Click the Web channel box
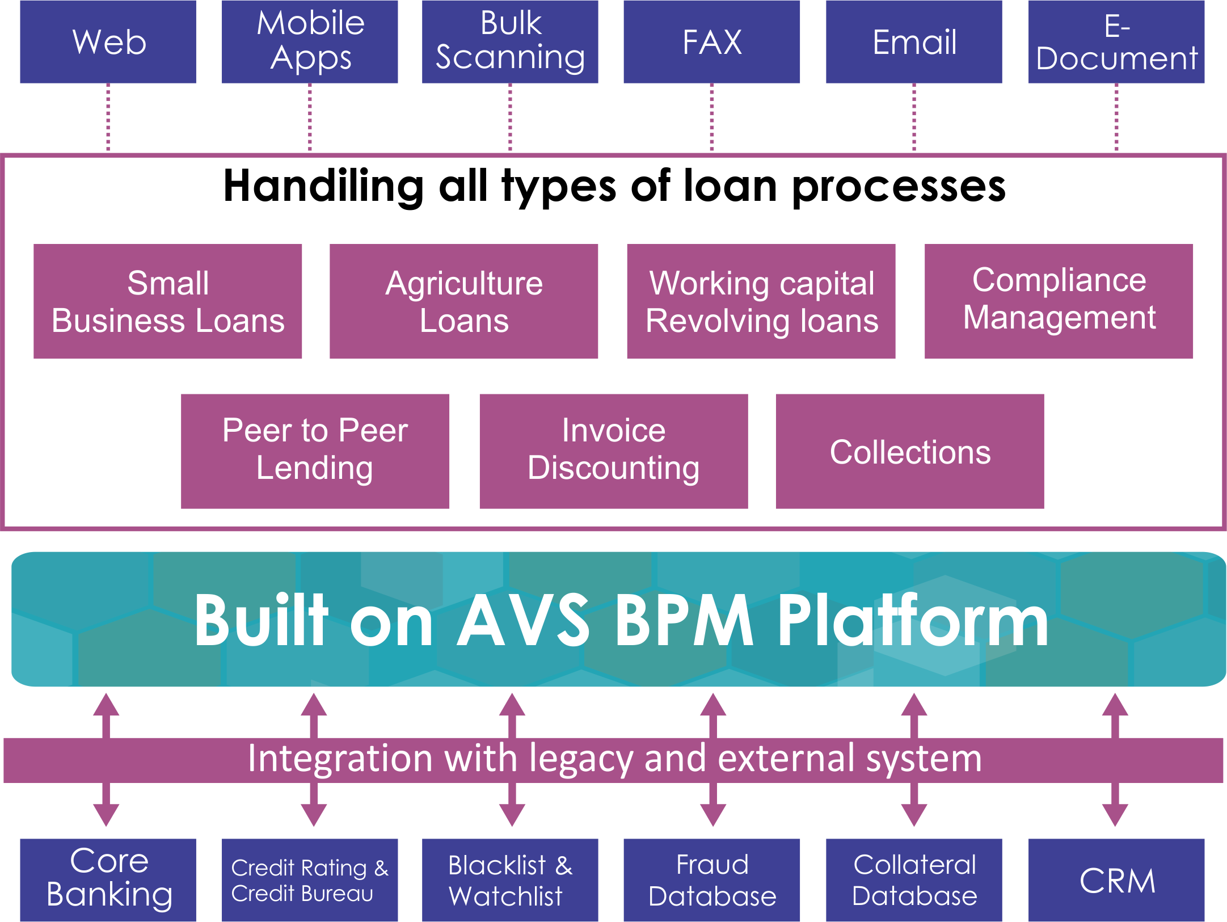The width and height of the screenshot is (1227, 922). click(108, 41)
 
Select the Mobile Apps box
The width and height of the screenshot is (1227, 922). click(310, 41)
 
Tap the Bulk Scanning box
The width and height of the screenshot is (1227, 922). click(510, 41)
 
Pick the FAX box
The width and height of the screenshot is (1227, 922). click(711, 41)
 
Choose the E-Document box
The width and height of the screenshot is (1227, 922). click(1116, 41)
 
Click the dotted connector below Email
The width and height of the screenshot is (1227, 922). click(914, 117)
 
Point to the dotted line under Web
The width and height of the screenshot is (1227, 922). click(108, 117)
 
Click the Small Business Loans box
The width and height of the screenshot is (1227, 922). click(168, 301)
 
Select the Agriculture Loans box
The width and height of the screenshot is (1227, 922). click(463, 301)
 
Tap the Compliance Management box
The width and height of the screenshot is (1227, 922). click(1059, 301)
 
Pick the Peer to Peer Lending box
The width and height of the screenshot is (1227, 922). click(315, 451)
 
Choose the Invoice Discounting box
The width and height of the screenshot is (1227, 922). click(613, 451)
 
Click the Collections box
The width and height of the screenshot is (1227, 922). click(909, 451)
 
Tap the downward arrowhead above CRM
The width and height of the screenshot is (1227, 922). click(1115, 815)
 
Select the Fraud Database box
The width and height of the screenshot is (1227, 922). click(711, 880)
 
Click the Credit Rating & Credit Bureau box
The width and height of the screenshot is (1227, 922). click(310, 880)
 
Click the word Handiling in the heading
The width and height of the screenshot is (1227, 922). click(323, 186)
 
